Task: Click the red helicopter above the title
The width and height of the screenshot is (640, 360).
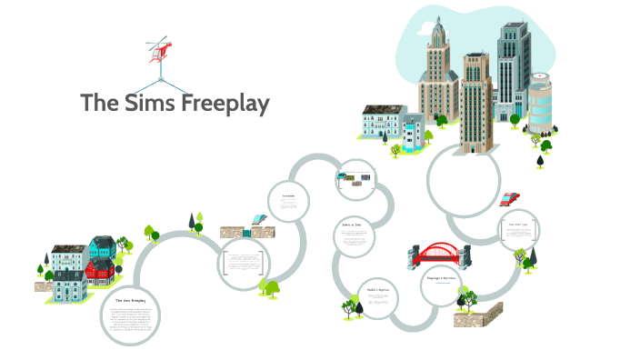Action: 159,51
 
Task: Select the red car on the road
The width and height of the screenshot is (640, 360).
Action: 510,198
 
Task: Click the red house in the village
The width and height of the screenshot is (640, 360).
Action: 102,266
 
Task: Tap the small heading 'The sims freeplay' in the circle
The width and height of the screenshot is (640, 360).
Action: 130,300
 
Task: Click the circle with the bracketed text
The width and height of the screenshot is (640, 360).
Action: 245,264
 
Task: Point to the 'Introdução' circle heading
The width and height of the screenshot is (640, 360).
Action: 289,195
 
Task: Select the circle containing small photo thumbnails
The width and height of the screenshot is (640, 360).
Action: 355,178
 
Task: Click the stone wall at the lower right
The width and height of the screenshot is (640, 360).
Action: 478,315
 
